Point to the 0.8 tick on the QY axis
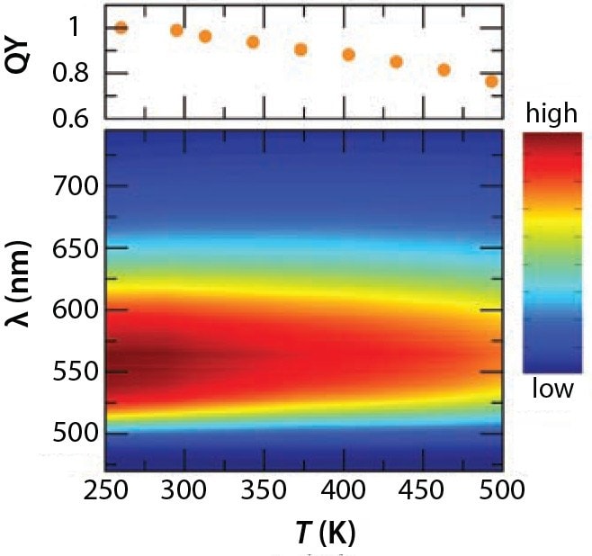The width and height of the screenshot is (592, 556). pos(71,73)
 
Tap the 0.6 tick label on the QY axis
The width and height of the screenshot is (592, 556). pos(71,118)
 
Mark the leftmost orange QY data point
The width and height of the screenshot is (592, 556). pos(121,28)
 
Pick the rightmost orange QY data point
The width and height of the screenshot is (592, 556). pos(491,81)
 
